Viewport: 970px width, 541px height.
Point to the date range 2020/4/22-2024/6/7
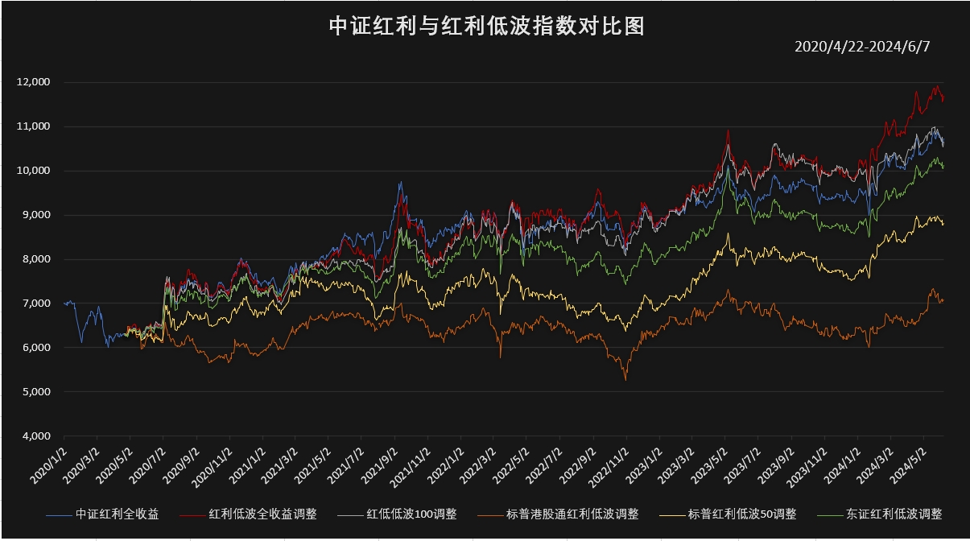[x=861, y=47]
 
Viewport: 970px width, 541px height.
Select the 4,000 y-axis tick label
[x=35, y=436]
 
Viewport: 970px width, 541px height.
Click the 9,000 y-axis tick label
[x=35, y=215]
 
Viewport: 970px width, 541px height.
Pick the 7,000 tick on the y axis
[x=35, y=304]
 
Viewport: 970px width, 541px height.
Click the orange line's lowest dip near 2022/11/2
[x=625, y=379]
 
